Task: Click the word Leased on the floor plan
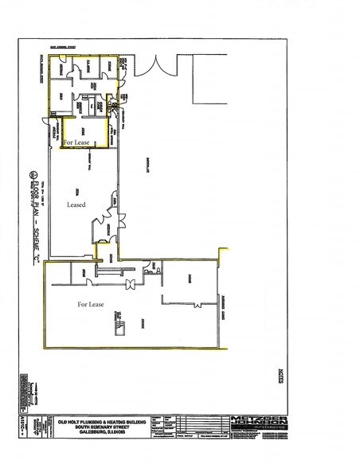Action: [x=76, y=205]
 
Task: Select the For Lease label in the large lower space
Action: [x=90, y=304]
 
